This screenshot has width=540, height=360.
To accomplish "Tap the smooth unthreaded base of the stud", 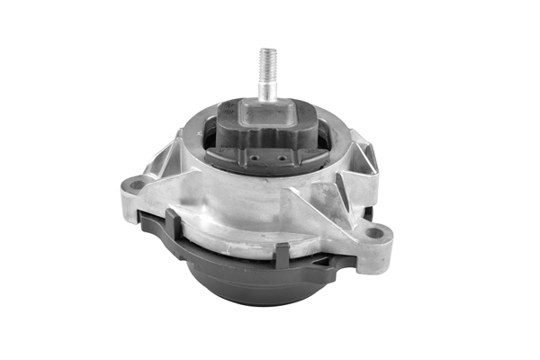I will click(268, 90).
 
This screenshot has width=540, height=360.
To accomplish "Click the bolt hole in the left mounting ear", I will click(137, 185).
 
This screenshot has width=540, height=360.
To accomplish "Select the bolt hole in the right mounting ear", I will click(375, 233).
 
